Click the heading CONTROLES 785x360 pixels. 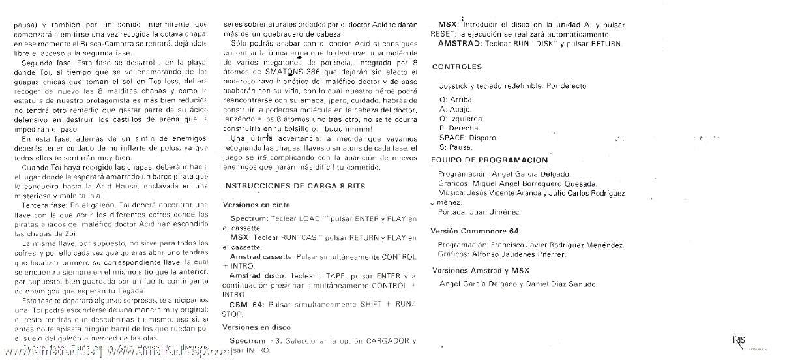coord(457,67)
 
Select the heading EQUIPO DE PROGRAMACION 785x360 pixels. coord(490,160)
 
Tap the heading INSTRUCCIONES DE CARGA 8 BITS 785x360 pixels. coord(294,187)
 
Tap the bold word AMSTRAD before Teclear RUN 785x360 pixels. coord(460,44)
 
